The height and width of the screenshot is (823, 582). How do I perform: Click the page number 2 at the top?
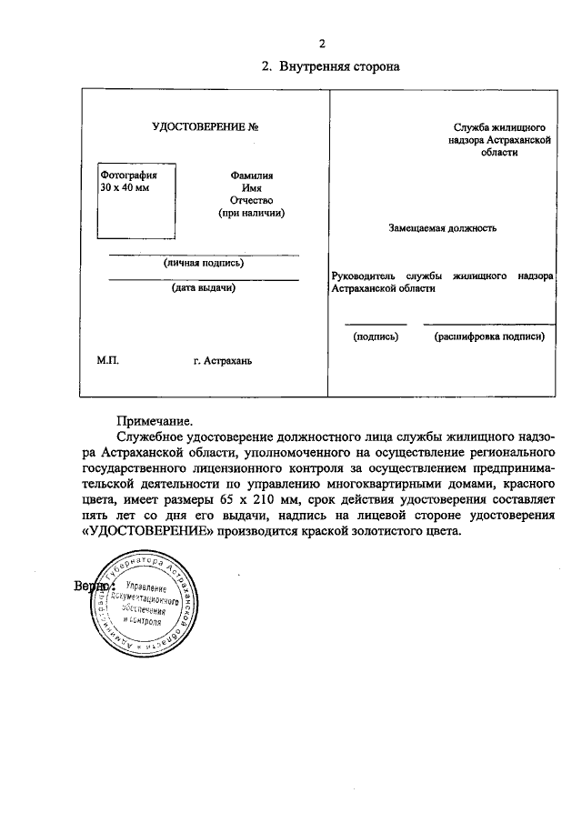(x=321, y=44)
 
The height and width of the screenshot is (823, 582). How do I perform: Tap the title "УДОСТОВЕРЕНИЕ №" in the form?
(x=199, y=127)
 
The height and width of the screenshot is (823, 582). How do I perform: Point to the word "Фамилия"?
(x=252, y=176)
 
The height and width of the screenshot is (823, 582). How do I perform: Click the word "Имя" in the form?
(x=252, y=187)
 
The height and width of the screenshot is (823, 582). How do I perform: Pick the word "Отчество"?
(x=252, y=200)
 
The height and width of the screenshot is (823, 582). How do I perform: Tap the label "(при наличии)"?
(x=252, y=213)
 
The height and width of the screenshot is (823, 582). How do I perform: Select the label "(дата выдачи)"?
(x=204, y=289)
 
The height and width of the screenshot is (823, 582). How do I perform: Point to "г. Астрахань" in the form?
(x=223, y=361)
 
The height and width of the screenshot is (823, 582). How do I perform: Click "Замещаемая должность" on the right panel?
(x=442, y=228)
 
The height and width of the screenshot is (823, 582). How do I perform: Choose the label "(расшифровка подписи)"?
(x=489, y=336)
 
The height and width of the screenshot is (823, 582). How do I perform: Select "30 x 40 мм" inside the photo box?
(x=125, y=186)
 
